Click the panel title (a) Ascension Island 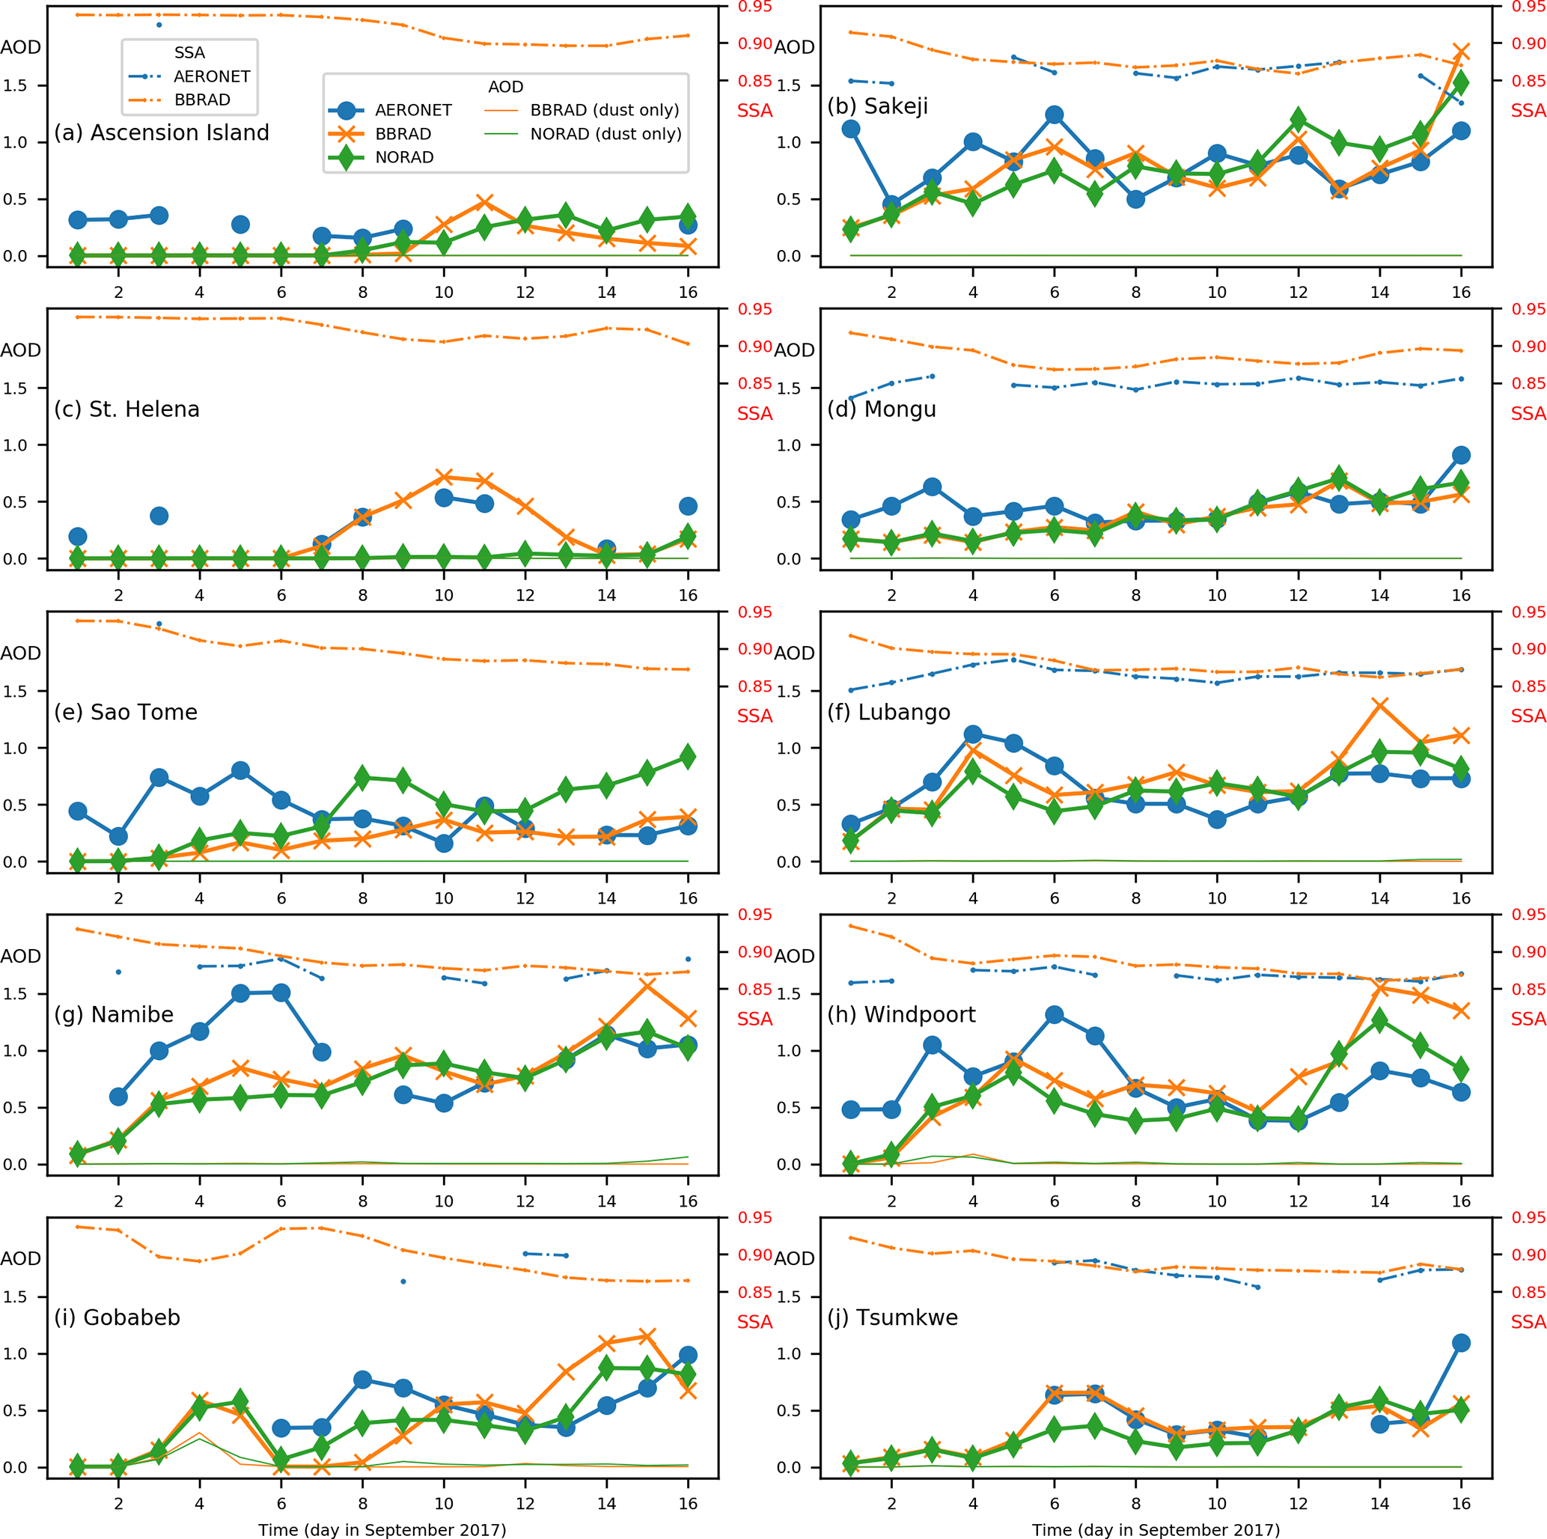pyautogui.click(x=162, y=133)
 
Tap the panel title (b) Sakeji pyautogui.click(x=878, y=106)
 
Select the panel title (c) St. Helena pyautogui.click(x=127, y=409)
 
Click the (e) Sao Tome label pyautogui.click(x=126, y=712)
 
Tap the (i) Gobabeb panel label pyautogui.click(x=117, y=1317)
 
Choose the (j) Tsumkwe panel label pyautogui.click(x=893, y=1317)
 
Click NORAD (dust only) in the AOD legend pyautogui.click(x=605, y=134)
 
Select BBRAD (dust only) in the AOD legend pyautogui.click(x=605, y=111)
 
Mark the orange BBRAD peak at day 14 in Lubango pyautogui.click(x=1379, y=704)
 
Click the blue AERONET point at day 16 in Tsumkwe pyautogui.click(x=1462, y=1343)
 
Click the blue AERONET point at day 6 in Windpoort pyautogui.click(x=1055, y=1014)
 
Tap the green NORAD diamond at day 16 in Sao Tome pyautogui.click(x=688, y=757)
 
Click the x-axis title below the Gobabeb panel pyautogui.click(x=382, y=1529)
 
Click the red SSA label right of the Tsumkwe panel pyautogui.click(x=1528, y=1322)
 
